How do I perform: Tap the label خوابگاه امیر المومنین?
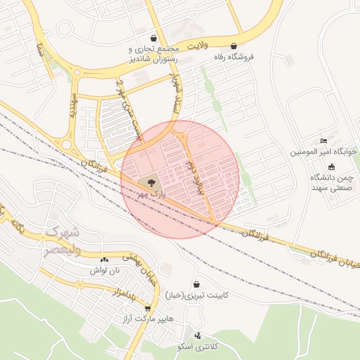pos(324,152)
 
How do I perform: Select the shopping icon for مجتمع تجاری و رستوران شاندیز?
pos(153,38)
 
